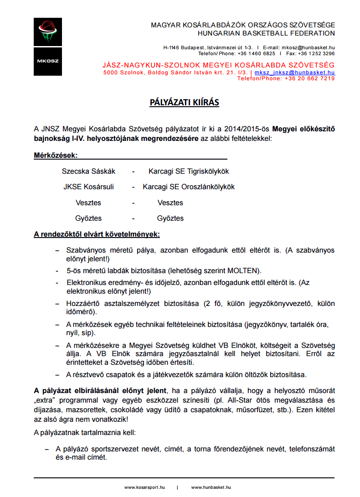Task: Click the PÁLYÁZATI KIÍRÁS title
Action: coord(184,103)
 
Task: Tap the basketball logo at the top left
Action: coord(47,32)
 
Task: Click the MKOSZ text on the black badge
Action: coord(47,61)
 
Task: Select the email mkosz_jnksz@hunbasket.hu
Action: coord(294,72)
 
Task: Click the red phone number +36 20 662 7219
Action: coord(309,78)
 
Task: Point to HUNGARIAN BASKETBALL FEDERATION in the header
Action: coord(266,33)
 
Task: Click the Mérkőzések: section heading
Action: coord(56,155)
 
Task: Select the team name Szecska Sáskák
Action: coord(88,171)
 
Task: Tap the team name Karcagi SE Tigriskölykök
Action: coord(188,171)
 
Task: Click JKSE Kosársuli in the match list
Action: coord(88,187)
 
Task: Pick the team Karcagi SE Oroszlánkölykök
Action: coord(188,187)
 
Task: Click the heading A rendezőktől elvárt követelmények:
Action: coord(97,235)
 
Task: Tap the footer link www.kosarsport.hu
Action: coord(144,487)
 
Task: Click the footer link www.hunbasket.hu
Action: coord(211,487)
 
